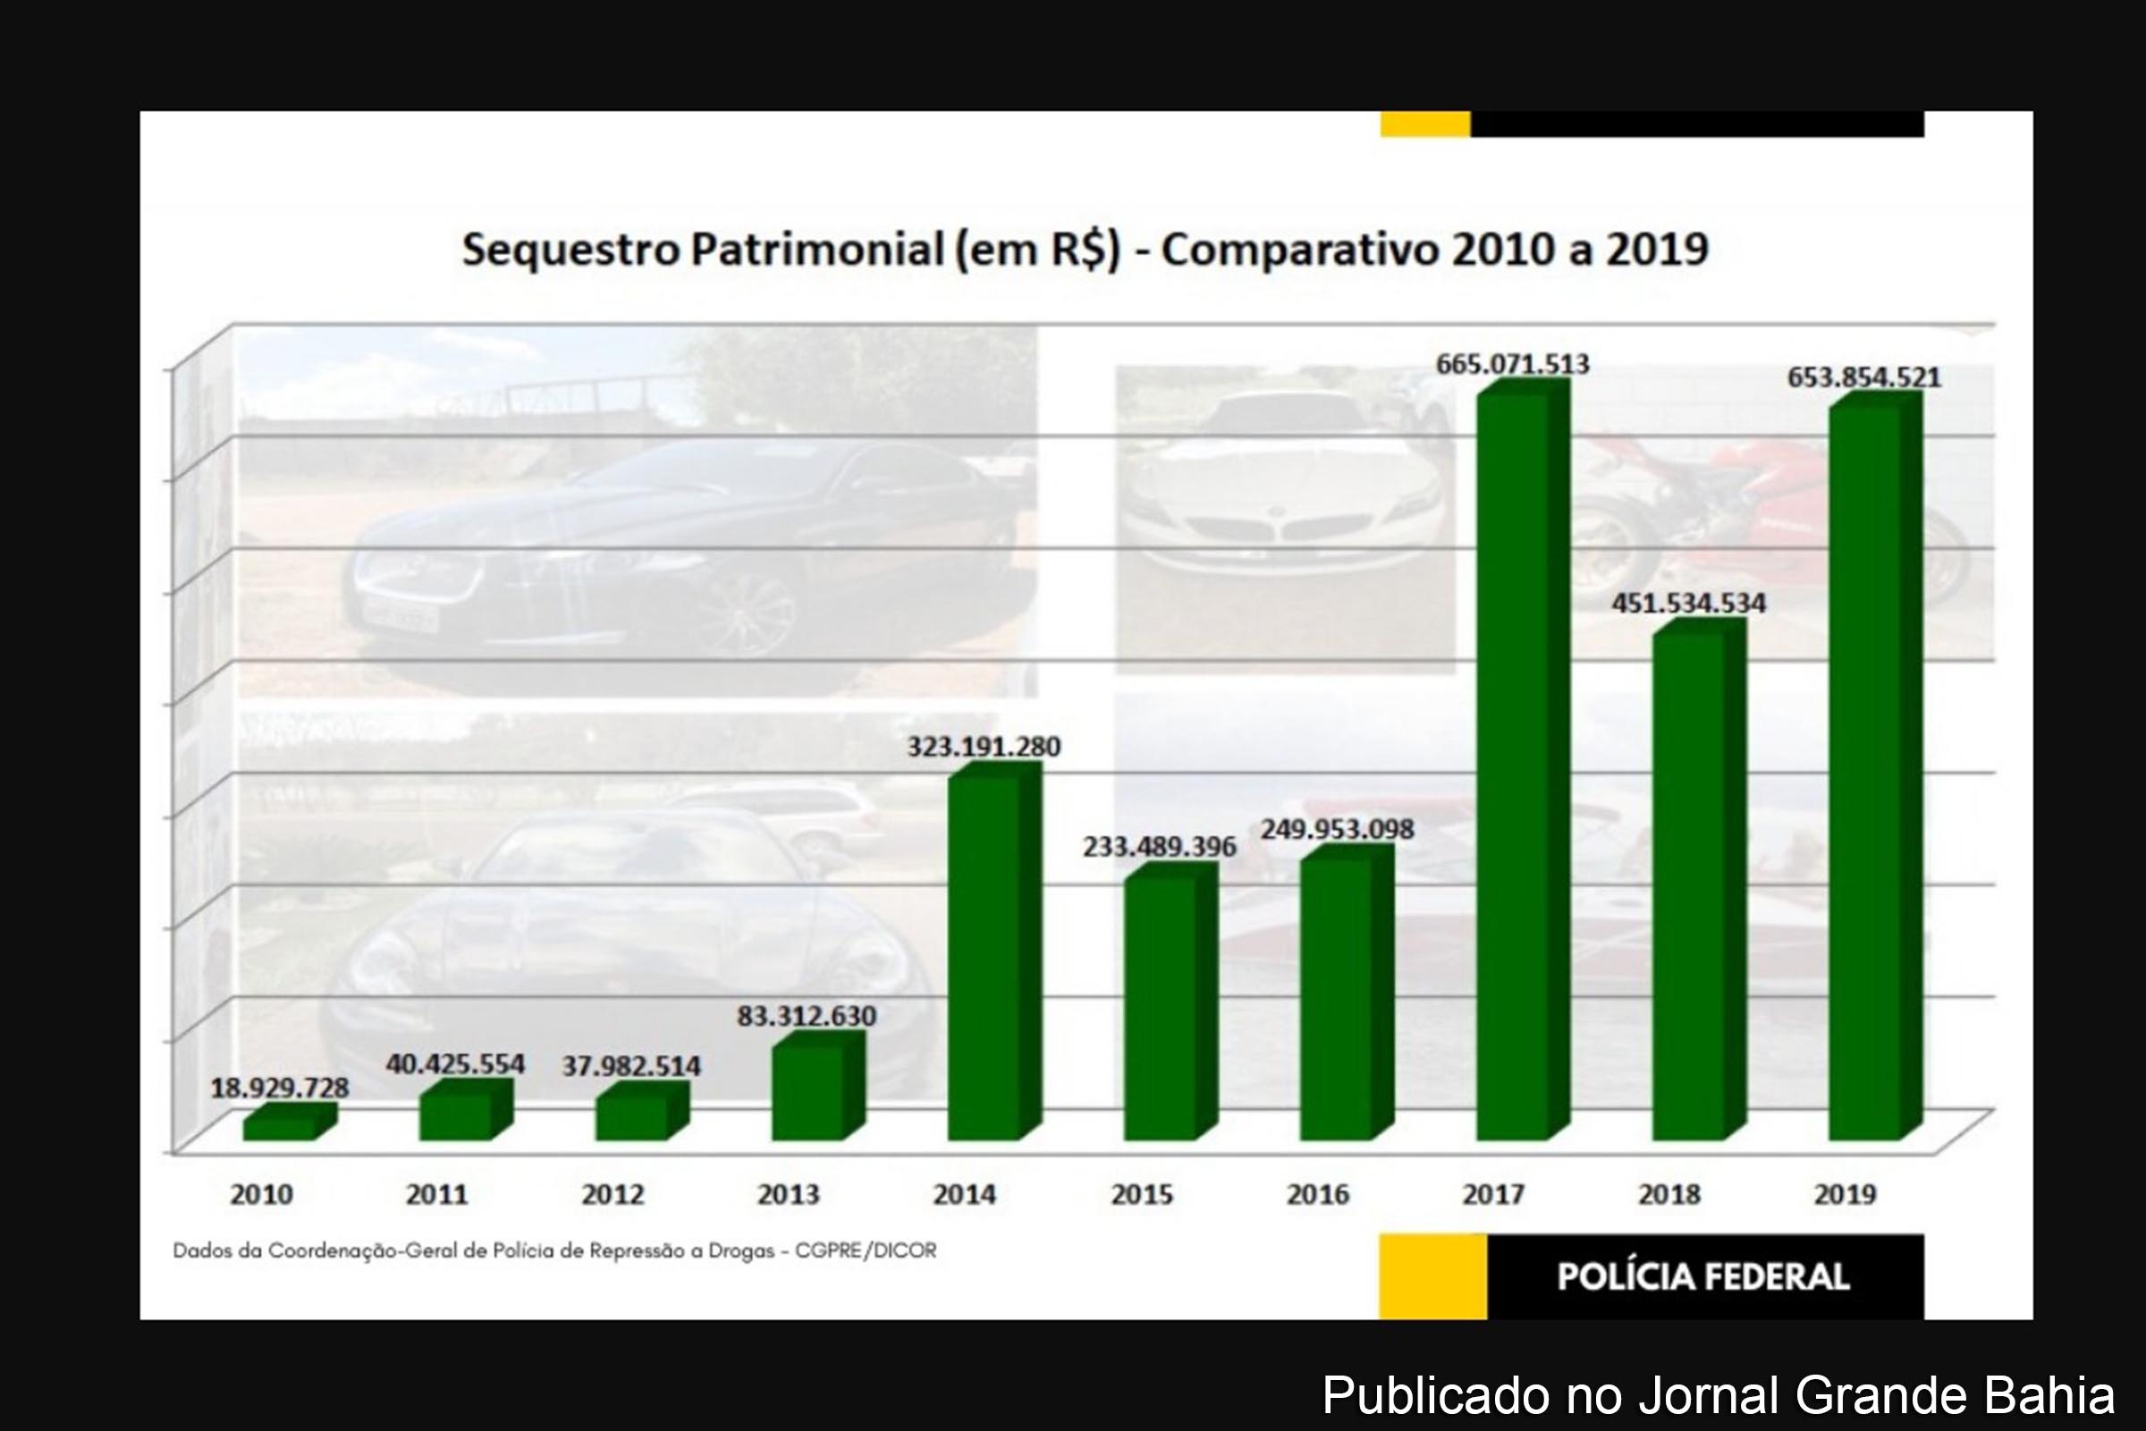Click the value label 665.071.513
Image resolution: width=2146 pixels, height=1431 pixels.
point(1513,364)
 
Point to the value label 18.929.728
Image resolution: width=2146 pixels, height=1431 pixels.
point(279,1088)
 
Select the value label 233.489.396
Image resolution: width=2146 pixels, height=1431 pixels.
point(1160,847)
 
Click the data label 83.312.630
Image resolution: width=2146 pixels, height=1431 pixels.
point(807,1016)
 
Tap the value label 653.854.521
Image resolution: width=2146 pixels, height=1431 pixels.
point(1863,377)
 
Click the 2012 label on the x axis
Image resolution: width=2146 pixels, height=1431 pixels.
point(613,1194)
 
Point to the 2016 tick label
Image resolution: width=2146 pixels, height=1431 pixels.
point(1316,1194)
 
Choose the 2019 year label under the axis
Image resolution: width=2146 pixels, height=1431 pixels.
point(1845,1194)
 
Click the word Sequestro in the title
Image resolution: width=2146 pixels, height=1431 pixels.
point(570,250)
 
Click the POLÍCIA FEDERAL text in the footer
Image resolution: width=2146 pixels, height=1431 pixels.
point(1702,1276)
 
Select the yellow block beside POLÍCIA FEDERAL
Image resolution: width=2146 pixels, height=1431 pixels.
point(1432,1276)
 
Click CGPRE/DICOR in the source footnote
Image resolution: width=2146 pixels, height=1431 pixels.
point(865,1250)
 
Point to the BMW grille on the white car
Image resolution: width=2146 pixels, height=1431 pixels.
point(1287,528)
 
